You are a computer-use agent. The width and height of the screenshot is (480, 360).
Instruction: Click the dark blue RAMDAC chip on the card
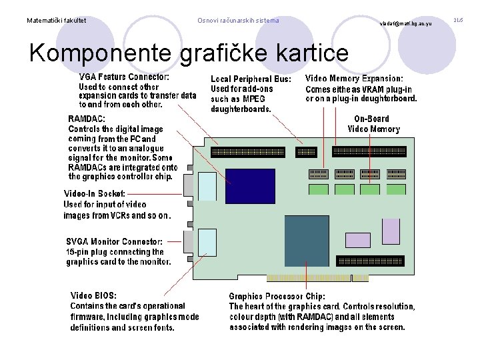[x=250, y=186]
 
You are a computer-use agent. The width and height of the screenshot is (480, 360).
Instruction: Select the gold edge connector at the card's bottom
[x=317, y=277]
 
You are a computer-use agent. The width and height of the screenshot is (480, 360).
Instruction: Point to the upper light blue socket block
[x=208, y=186]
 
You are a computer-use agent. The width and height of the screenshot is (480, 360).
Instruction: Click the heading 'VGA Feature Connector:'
[x=124, y=77]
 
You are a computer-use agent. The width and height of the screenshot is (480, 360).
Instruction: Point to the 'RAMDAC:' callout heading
[x=87, y=119]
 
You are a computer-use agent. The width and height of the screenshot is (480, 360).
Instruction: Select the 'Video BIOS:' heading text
[x=94, y=295]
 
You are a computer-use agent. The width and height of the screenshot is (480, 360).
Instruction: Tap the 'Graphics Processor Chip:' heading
[x=277, y=296]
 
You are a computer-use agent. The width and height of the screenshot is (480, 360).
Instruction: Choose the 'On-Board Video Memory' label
[x=373, y=124]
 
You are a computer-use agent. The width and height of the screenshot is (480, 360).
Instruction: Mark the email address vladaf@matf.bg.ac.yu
[x=406, y=23]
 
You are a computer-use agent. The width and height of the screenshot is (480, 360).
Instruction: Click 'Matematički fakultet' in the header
[x=56, y=21]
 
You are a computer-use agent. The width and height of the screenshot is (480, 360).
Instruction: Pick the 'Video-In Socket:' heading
[x=94, y=193]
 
